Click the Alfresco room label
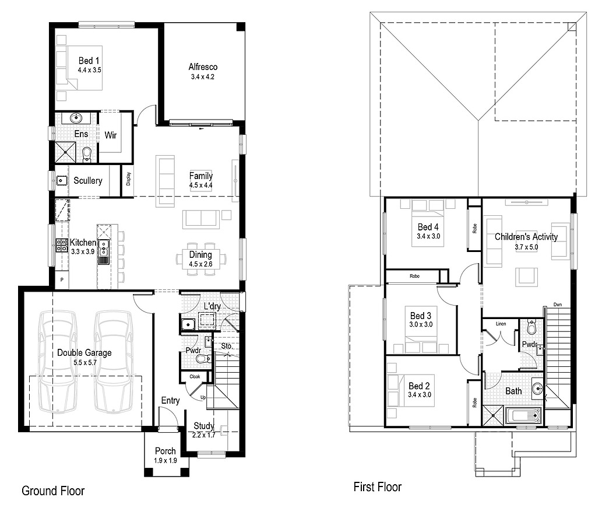(x=203, y=66)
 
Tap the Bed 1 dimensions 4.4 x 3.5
(x=89, y=70)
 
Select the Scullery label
(x=87, y=181)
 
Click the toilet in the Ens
(x=87, y=154)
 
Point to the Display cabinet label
(x=128, y=182)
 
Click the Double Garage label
(x=84, y=352)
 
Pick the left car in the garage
(x=57, y=362)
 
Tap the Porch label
(x=166, y=451)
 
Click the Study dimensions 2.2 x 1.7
(x=204, y=435)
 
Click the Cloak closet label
(x=194, y=377)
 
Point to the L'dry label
(x=212, y=306)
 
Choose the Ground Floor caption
(x=53, y=491)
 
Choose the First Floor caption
(x=378, y=487)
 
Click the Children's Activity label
(x=526, y=237)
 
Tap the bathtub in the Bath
(x=523, y=416)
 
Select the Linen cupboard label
(x=501, y=323)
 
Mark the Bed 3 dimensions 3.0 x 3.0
(x=420, y=325)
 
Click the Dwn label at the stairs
(x=558, y=304)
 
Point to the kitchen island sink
(x=104, y=245)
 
